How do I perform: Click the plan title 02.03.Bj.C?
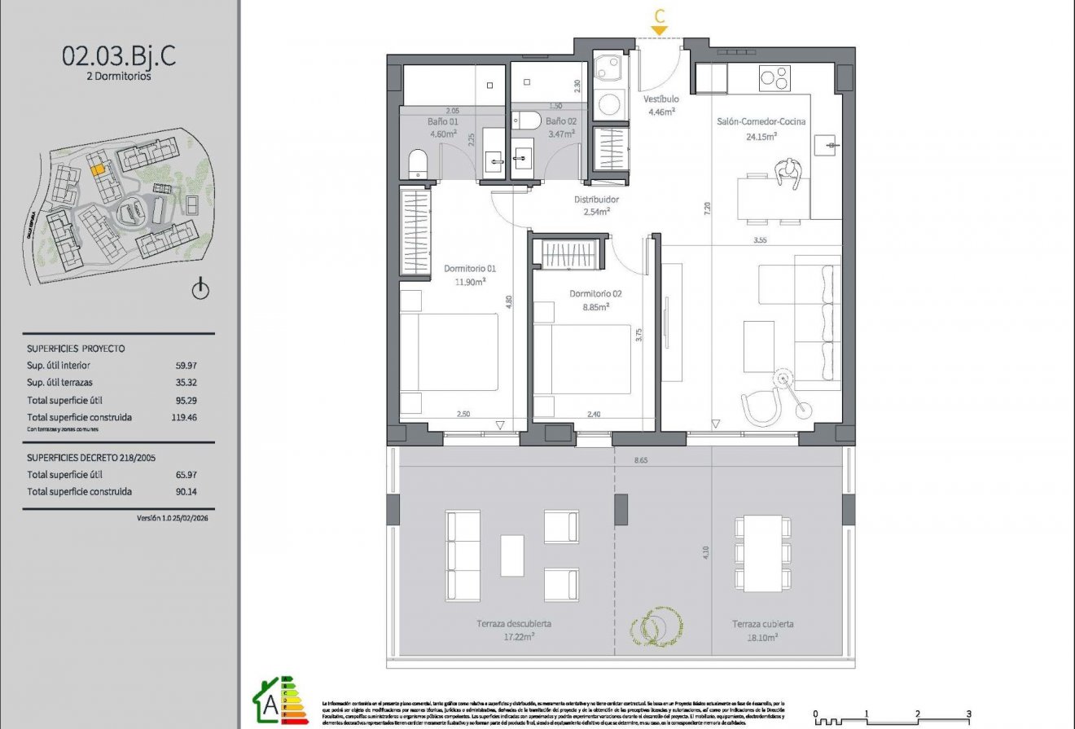pyautogui.click(x=118, y=57)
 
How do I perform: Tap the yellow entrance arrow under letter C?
pyautogui.click(x=659, y=31)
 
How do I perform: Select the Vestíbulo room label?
pyautogui.click(x=660, y=99)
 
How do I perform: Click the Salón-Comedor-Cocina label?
pyautogui.click(x=761, y=122)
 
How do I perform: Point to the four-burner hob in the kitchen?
pyautogui.click(x=774, y=79)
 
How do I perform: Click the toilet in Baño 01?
pyautogui.click(x=415, y=163)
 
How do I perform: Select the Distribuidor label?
pyautogui.click(x=596, y=200)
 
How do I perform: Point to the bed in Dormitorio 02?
pyautogui.click(x=582, y=359)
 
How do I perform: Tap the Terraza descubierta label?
pyautogui.click(x=514, y=624)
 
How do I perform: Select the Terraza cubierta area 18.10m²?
pyautogui.click(x=761, y=639)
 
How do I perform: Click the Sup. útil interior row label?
pyautogui.click(x=59, y=366)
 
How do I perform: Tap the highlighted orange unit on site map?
pyautogui.click(x=97, y=169)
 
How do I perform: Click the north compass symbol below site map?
pyautogui.click(x=200, y=290)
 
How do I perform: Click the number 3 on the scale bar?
pyautogui.click(x=968, y=714)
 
